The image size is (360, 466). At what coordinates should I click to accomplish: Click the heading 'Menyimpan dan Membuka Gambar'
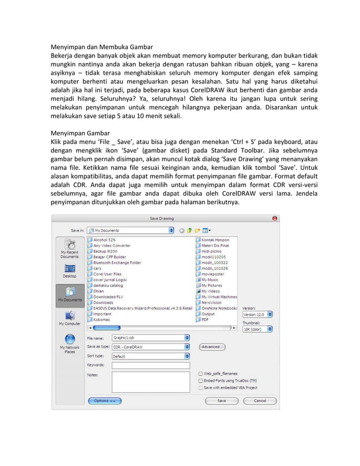pyautogui.click(x=102, y=46)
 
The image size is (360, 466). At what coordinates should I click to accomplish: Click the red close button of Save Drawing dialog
pyautogui.click(x=275, y=218)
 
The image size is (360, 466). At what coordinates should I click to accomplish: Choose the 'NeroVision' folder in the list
pyautogui.click(x=212, y=302)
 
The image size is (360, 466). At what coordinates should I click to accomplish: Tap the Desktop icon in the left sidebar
pyautogui.click(x=70, y=271)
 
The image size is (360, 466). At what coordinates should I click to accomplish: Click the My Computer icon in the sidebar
pyautogui.click(x=70, y=318)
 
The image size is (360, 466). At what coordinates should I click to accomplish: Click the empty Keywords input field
pyautogui.click(x=151, y=366)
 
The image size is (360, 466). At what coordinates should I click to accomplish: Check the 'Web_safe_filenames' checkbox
pyautogui.click(x=201, y=373)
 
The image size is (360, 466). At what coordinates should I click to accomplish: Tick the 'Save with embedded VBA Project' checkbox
pyautogui.click(x=201, y=388)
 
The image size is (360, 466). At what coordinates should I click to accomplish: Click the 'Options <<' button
pyautogui.click(x=104, y=401)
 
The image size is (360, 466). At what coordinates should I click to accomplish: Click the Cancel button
pyautogui.click(x=260, y=401)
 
